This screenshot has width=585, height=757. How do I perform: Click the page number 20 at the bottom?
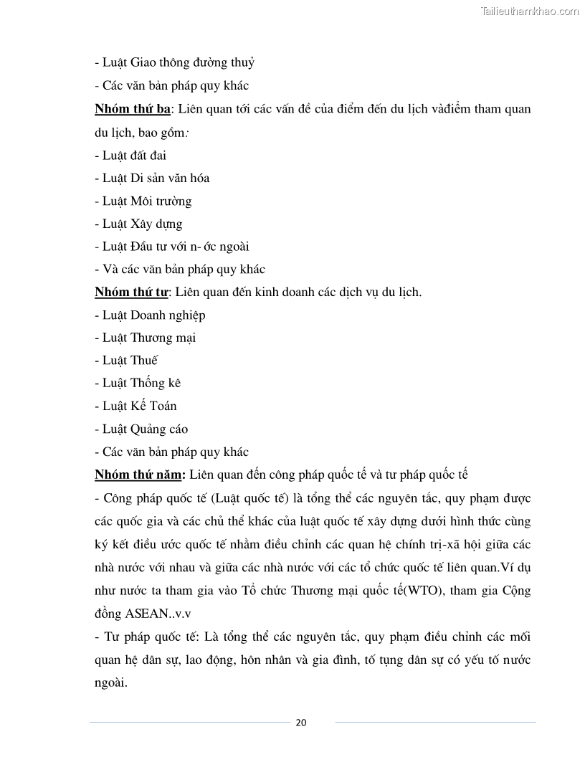301,722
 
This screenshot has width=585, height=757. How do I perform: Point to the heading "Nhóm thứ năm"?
140,475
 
